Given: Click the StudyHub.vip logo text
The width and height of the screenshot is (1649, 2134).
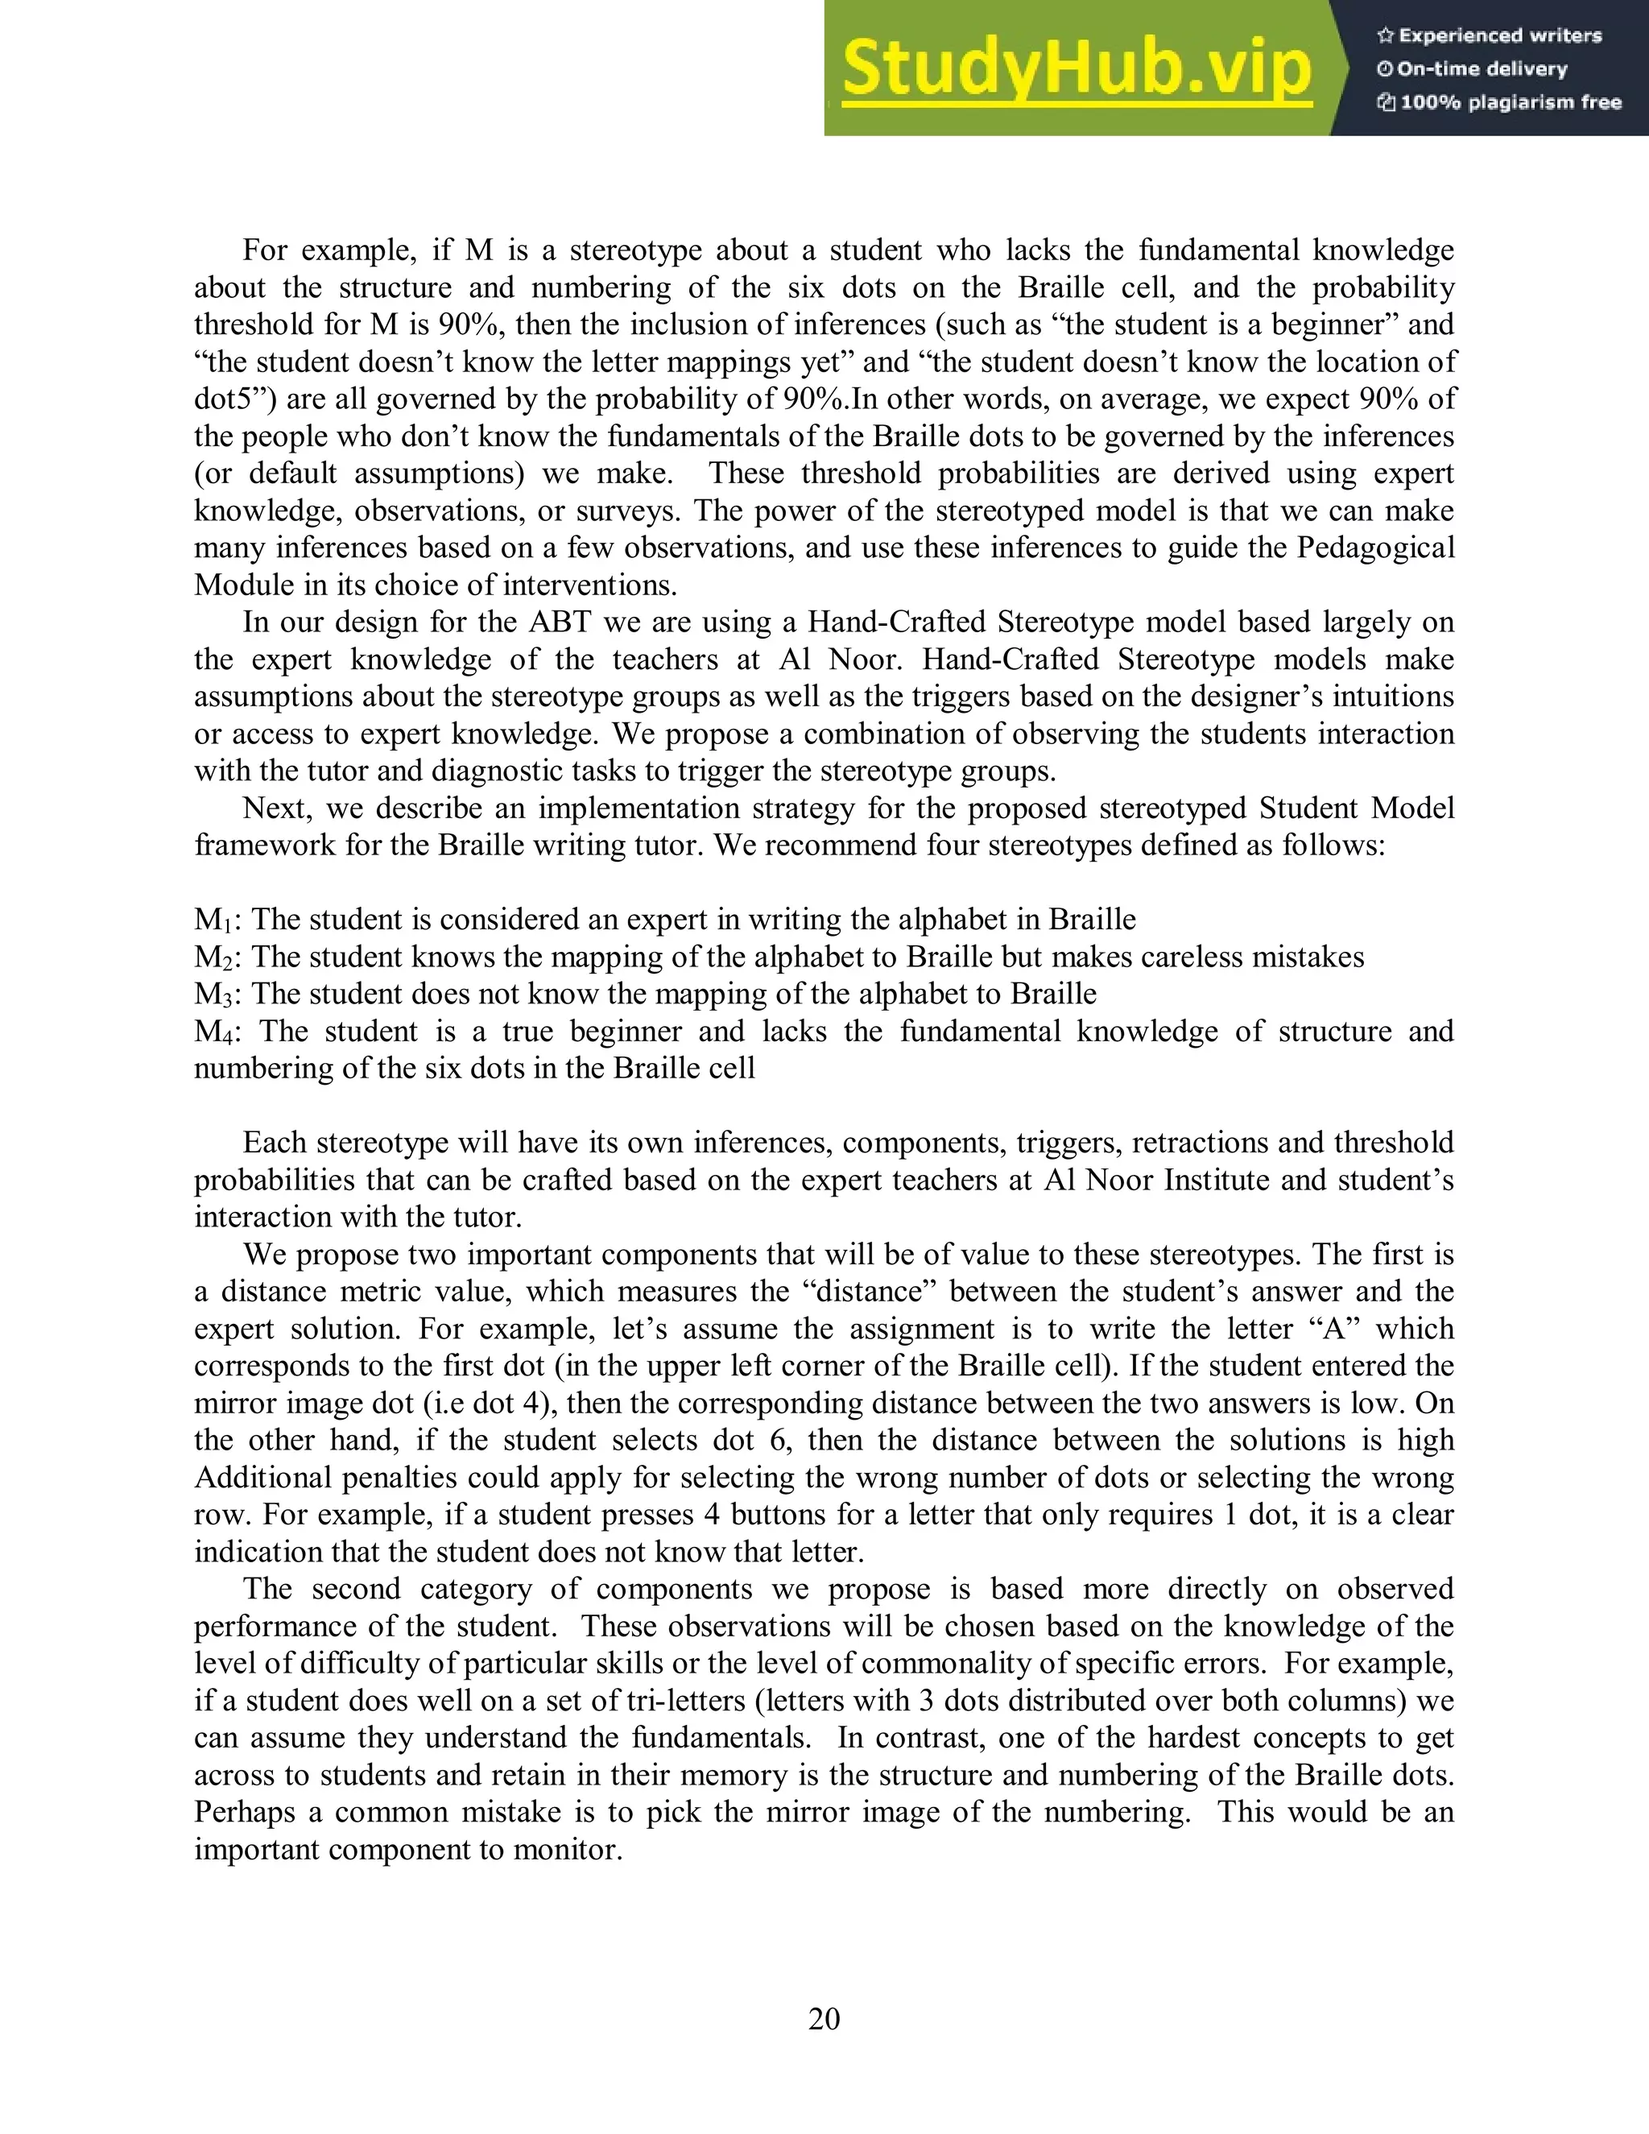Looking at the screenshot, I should (1077, 68).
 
